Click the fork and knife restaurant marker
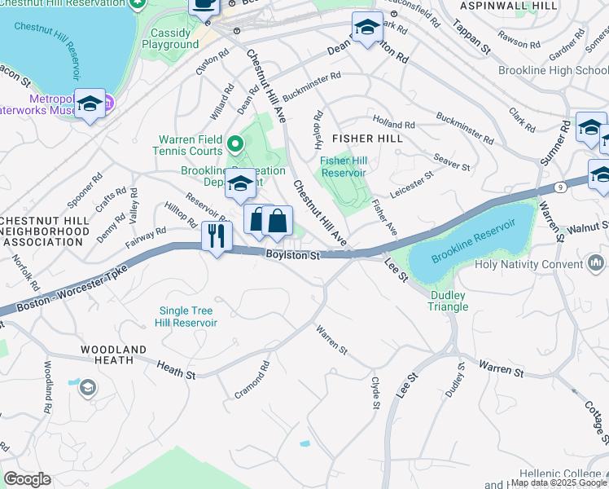(x=217, y=237)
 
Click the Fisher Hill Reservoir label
(x=343, y=166)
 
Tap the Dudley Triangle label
(x=449, y=302)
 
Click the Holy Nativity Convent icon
(x=596, y=263)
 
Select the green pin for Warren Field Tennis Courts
(x=235, y=145)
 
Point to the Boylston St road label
(x=292, y=256)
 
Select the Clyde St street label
(x=375, y=392)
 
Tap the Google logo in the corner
(x=27, y=479)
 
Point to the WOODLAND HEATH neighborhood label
(x=113, y=355)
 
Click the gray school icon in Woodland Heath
(x=87, y=388)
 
